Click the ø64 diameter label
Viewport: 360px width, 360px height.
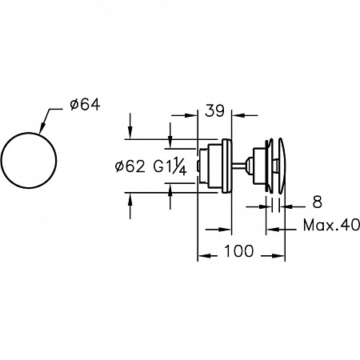tap(85, 105)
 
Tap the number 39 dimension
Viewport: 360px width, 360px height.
tap(214, 110)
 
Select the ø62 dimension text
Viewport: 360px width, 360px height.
tap(130, 167)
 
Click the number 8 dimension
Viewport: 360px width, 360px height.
tap(317, 202)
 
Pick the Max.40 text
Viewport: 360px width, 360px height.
tap(331, 226)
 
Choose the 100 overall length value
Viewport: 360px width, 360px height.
tap(239, 251)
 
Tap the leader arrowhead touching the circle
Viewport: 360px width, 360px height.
tap(42, 128)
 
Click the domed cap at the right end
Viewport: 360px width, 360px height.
tap(282, 166)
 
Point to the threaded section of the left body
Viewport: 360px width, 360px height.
tap(204, 166)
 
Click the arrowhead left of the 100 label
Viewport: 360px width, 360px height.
tap(203, 256)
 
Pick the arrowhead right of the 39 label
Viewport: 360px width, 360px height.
tap(237, 115)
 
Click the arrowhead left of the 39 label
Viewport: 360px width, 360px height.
tap(191, 115)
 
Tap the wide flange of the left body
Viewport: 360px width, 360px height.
tap(226, 166)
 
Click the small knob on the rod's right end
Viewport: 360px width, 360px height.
tap(249, 166)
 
